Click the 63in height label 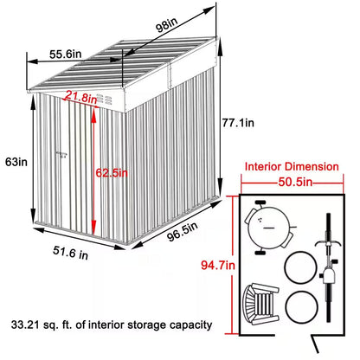pyautogui.click(x=12, y=160)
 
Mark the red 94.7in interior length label pyautogui.click(x=216, y=264)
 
